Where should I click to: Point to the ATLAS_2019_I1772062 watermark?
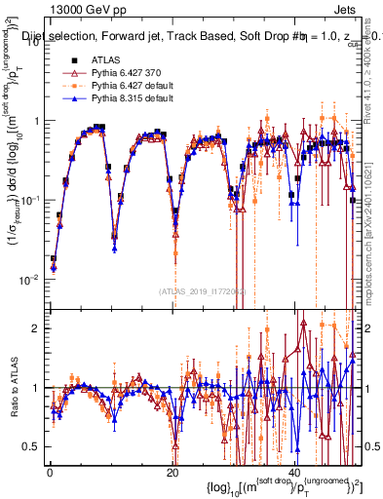pyautogui.click(x=201, y=291)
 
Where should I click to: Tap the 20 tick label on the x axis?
pyautogui.click(x=172, y=475)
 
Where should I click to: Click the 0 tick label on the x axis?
pyautogui.click(x=49, y=475)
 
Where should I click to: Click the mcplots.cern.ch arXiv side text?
pyautogui.click(x=374, y=214)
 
